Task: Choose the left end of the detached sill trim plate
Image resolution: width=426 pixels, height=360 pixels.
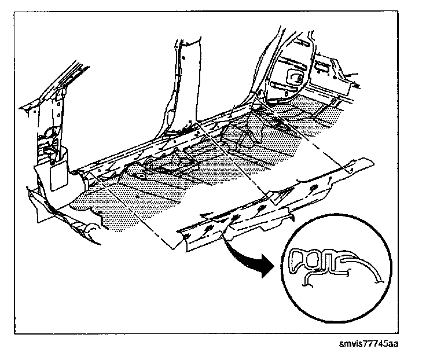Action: [182, 240]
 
